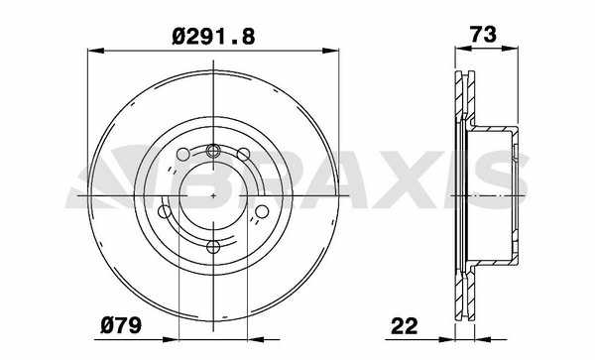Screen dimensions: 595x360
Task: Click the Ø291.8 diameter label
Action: coord(213,37)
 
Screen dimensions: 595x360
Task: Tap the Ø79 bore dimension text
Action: coord(121,325)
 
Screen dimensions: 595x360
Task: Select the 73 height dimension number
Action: coord(483,35)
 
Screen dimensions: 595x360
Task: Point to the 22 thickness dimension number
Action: coord(405,326)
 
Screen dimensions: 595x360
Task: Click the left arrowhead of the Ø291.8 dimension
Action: coord(95,51)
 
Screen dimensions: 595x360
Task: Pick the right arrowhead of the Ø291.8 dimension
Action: coord(330,51)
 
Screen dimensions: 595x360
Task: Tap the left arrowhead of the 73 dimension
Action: coord(463,49)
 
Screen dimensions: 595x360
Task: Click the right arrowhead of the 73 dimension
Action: coord(510,49)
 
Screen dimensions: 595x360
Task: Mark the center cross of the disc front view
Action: coord(213,195)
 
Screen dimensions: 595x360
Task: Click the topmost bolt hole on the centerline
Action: coord(213,151)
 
